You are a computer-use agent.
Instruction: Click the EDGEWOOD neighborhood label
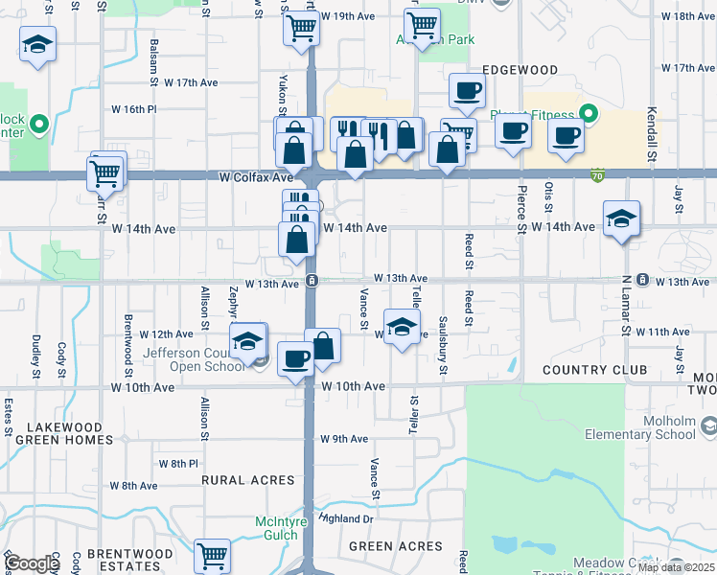coord(520,70)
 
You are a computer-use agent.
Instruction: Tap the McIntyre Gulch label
coord(279,528)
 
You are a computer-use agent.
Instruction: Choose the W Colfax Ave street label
coord(255,177)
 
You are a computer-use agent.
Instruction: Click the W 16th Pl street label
coord(132,109)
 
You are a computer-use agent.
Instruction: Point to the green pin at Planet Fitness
coord(589,116)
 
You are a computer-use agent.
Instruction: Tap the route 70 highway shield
coord(597,176)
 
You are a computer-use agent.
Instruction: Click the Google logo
coord(32,563)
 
